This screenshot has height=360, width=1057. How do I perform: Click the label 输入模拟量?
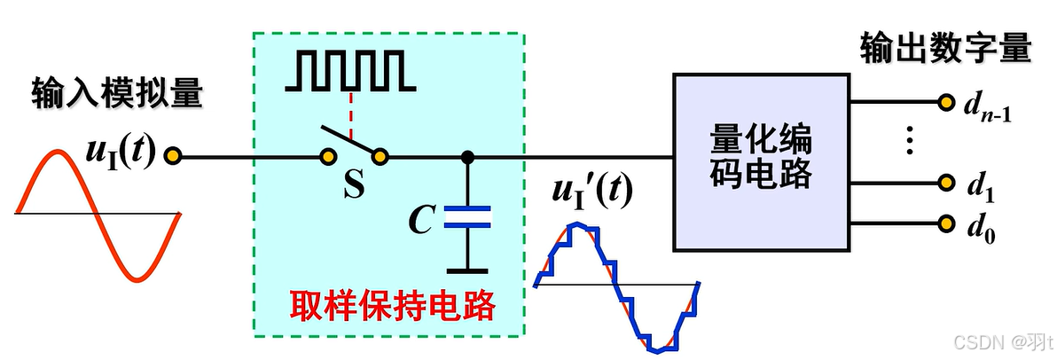(x=117, y=92)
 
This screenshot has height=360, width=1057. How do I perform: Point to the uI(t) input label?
(x=120, y=154)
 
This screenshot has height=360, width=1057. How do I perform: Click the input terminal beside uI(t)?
(x=174, y=158)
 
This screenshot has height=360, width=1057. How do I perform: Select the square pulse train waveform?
(x=350, y=71)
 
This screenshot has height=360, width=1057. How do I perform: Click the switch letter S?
(x=354, y=187)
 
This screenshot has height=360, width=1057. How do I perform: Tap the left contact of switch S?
(x=327, y=158)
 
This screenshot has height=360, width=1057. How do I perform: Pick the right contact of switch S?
(x=380, y=158)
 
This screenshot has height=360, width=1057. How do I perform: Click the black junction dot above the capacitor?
(x=468, y=158)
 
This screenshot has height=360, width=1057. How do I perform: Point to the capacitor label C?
(x=421, y=219)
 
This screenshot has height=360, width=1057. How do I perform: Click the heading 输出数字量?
(x=945, y=48)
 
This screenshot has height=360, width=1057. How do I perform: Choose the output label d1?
(x=978, y=186)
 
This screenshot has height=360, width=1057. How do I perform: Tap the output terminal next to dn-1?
(x=945, y=101)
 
